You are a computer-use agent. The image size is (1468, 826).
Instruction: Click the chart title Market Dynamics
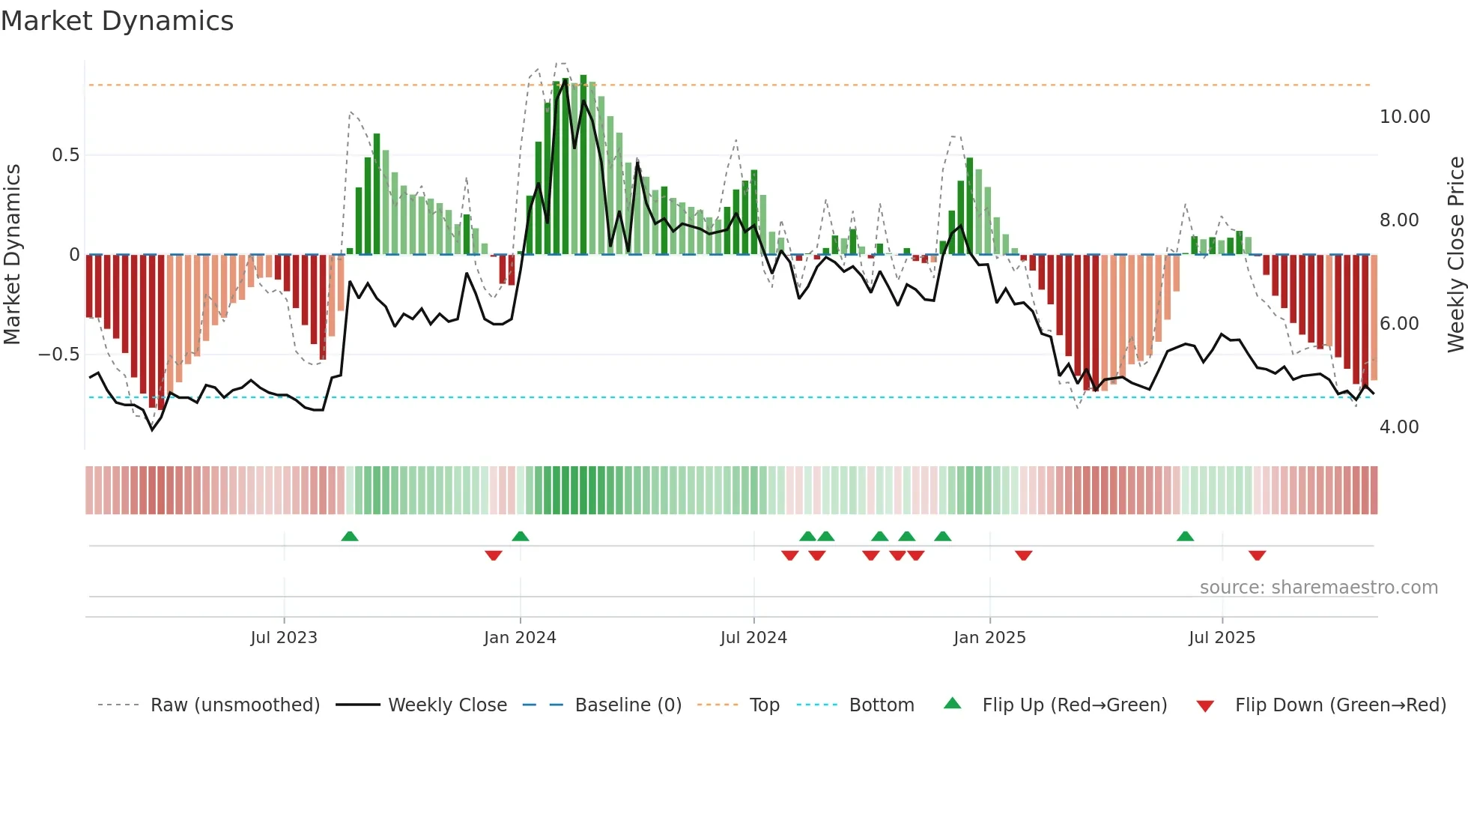point(118,21)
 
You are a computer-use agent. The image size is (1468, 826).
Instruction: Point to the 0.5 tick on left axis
point(65,155)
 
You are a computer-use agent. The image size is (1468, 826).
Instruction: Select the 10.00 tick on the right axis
point(1404,117)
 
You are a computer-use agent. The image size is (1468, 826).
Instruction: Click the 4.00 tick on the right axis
point(1398,427)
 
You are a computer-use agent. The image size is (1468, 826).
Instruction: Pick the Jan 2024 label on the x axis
point(520,638)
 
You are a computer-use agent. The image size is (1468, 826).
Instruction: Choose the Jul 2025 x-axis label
point(1222,638)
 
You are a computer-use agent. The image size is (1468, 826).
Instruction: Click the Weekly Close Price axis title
point(1455,255)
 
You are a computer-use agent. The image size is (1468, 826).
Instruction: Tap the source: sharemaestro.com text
point(1318,588)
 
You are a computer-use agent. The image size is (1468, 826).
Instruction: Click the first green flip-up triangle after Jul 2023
point(350,536)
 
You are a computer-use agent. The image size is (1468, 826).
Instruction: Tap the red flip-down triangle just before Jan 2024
point(493,555)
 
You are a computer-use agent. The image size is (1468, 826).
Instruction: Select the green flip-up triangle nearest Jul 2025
point(1185,536)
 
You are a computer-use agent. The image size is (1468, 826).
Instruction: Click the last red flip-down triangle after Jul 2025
point(1257,555)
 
